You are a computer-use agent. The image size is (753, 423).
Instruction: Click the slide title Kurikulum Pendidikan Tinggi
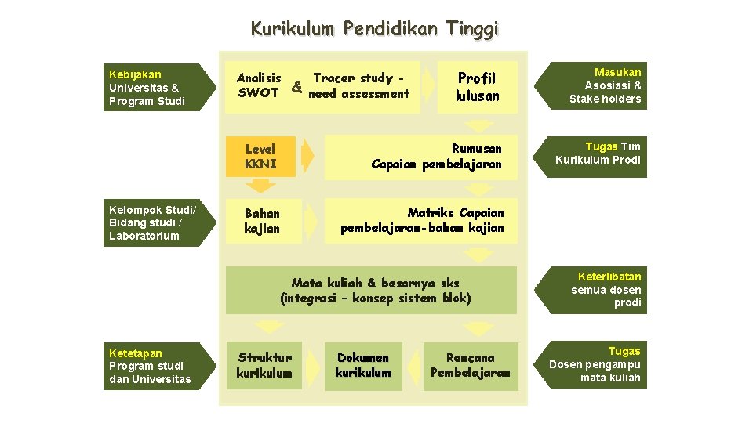tap(374, 30)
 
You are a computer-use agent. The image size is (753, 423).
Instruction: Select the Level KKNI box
tap(260, 157)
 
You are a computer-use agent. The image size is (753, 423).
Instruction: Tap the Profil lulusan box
tap(477, 87)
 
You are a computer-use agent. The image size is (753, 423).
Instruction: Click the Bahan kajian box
tap(261, 221)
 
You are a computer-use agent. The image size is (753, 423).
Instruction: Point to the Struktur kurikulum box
tap(264, 366)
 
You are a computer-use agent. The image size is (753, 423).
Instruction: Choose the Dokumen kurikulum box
tap(362, 366)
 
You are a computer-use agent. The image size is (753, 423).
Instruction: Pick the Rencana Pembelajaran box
tap(471, 366)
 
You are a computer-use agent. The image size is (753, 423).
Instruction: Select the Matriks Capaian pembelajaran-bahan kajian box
tap(422, 221)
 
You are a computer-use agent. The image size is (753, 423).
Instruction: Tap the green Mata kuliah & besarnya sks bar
tap(375, 291)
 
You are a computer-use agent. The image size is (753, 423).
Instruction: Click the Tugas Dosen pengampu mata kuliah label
tap(598, 365)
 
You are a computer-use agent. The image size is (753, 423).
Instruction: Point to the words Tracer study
tap(353, 78)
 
